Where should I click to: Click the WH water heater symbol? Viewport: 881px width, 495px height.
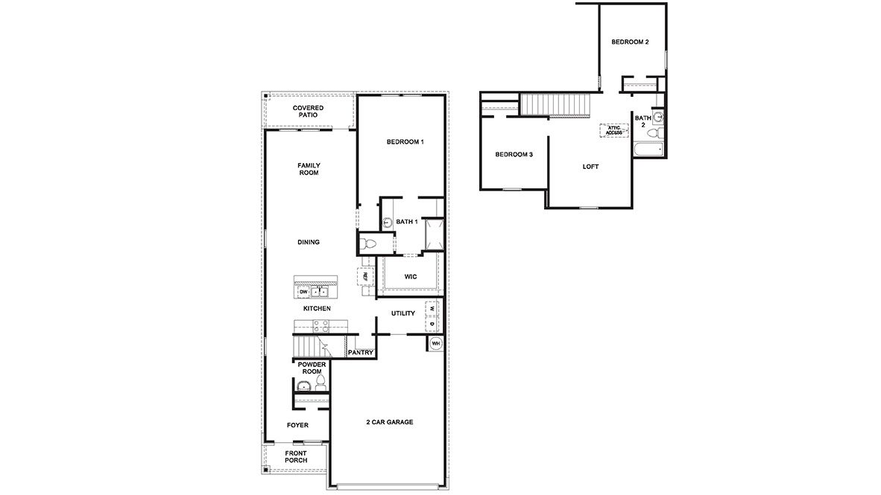point(435,343)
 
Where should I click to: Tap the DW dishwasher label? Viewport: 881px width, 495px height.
point(303,292)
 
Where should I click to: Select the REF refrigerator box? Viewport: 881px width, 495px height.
point(365,276)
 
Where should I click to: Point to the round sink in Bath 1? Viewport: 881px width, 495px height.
point(388,223)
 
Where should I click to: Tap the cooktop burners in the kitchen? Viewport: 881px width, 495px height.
point(321,325)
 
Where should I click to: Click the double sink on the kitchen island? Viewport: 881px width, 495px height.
point(320,292)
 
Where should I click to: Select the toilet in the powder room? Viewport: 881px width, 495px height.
point(320,383)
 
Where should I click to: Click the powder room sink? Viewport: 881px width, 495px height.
point(303,386)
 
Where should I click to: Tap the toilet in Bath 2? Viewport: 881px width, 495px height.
point(654,134)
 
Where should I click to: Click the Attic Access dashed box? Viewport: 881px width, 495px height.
point(614,130)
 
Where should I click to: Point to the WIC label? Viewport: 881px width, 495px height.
point(411,277)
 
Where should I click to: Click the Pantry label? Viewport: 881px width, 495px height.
point(360,353)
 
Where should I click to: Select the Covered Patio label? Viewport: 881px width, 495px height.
point(308,112)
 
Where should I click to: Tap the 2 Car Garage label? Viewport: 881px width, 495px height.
point(389,422)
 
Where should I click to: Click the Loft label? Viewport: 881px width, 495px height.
point(590,167)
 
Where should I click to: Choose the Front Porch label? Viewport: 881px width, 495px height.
point(296,456)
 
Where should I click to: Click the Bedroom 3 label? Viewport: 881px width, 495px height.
point(514,155)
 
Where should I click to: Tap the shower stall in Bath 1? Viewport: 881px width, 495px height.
point(435,233)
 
